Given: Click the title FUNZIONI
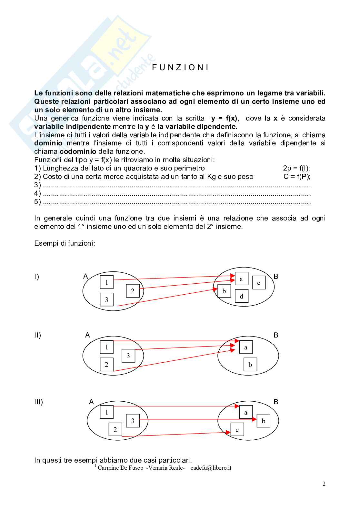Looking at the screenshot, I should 180,67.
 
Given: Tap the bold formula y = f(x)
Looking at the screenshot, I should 225,118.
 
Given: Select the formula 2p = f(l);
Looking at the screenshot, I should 296,168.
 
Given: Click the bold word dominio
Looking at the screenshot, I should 48,143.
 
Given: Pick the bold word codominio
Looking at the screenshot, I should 78,152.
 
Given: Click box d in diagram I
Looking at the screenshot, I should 241,296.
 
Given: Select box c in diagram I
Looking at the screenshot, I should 259,283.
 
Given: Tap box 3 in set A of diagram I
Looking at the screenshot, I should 106,299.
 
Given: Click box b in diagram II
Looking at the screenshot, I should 250,365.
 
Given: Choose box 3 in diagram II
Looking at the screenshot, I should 128,356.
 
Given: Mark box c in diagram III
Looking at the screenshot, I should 237,429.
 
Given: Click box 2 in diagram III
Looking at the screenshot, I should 115,429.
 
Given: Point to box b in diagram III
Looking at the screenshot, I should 263,421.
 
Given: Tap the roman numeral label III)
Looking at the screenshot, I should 38,402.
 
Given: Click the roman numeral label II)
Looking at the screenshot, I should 37,335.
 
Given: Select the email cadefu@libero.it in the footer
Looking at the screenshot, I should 211,468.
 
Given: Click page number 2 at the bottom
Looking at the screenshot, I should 324,484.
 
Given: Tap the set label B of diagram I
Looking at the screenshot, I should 275,276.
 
